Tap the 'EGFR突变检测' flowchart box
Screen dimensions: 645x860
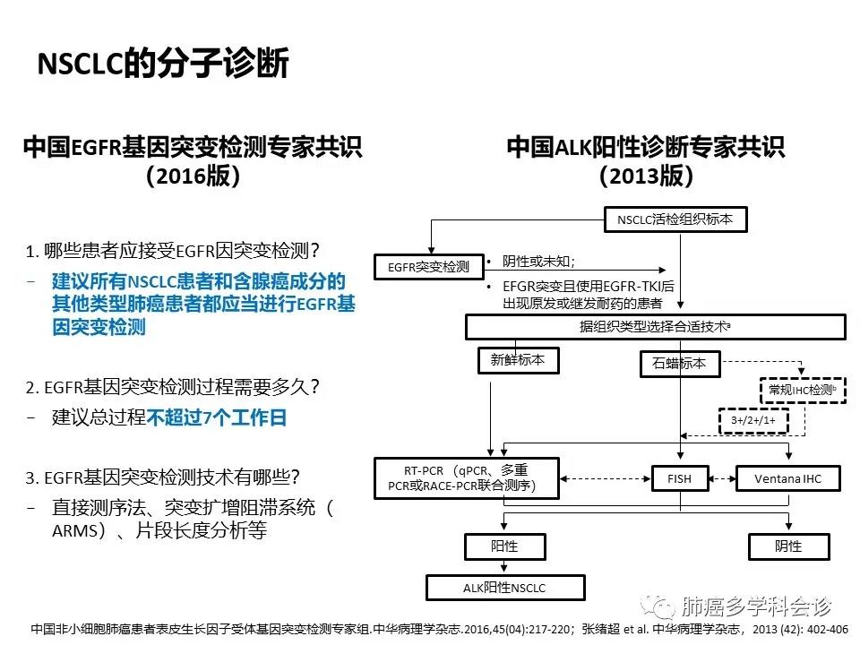coord(428,267)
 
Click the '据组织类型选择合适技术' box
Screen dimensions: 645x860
coord(655,327)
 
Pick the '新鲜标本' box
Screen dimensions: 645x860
coord(518,360)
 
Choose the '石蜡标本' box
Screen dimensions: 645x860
coord(679,364)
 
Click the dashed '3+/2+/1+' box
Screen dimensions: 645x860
coord(751,420)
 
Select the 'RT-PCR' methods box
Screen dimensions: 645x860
coord(467,478)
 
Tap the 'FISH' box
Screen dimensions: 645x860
coord(680,478)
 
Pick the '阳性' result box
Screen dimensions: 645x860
coord(504,546)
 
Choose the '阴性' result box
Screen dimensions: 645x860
coord(787,546)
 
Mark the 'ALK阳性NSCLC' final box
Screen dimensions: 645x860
coord(504,588)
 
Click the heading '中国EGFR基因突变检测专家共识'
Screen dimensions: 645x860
coord(193,147)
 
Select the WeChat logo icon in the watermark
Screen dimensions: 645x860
coord(664,607)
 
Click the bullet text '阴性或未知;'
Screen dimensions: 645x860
coord(538,262)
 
